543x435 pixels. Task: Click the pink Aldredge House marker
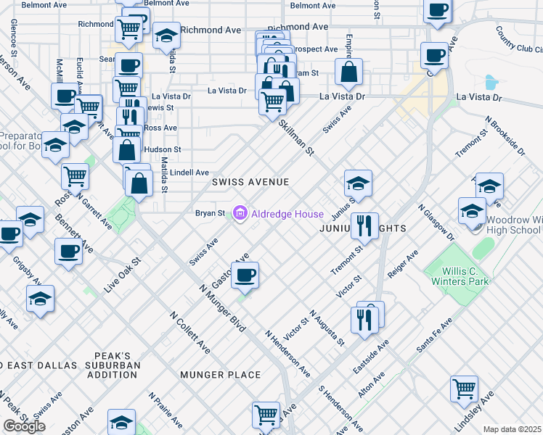(x=240, y=213)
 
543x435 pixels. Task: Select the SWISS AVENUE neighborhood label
(x=250, y=182)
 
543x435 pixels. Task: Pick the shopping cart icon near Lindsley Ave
(x=464, y=388)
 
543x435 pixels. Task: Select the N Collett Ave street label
(x=190, y=333)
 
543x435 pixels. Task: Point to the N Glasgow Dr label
(x=435, y=220)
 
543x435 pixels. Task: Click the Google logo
(x=24, y=426)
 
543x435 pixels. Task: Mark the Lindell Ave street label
(x=191, y=173)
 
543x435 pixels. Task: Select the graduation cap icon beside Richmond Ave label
(x=166, y=34)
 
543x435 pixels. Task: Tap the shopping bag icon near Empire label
(x=349, y=72)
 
